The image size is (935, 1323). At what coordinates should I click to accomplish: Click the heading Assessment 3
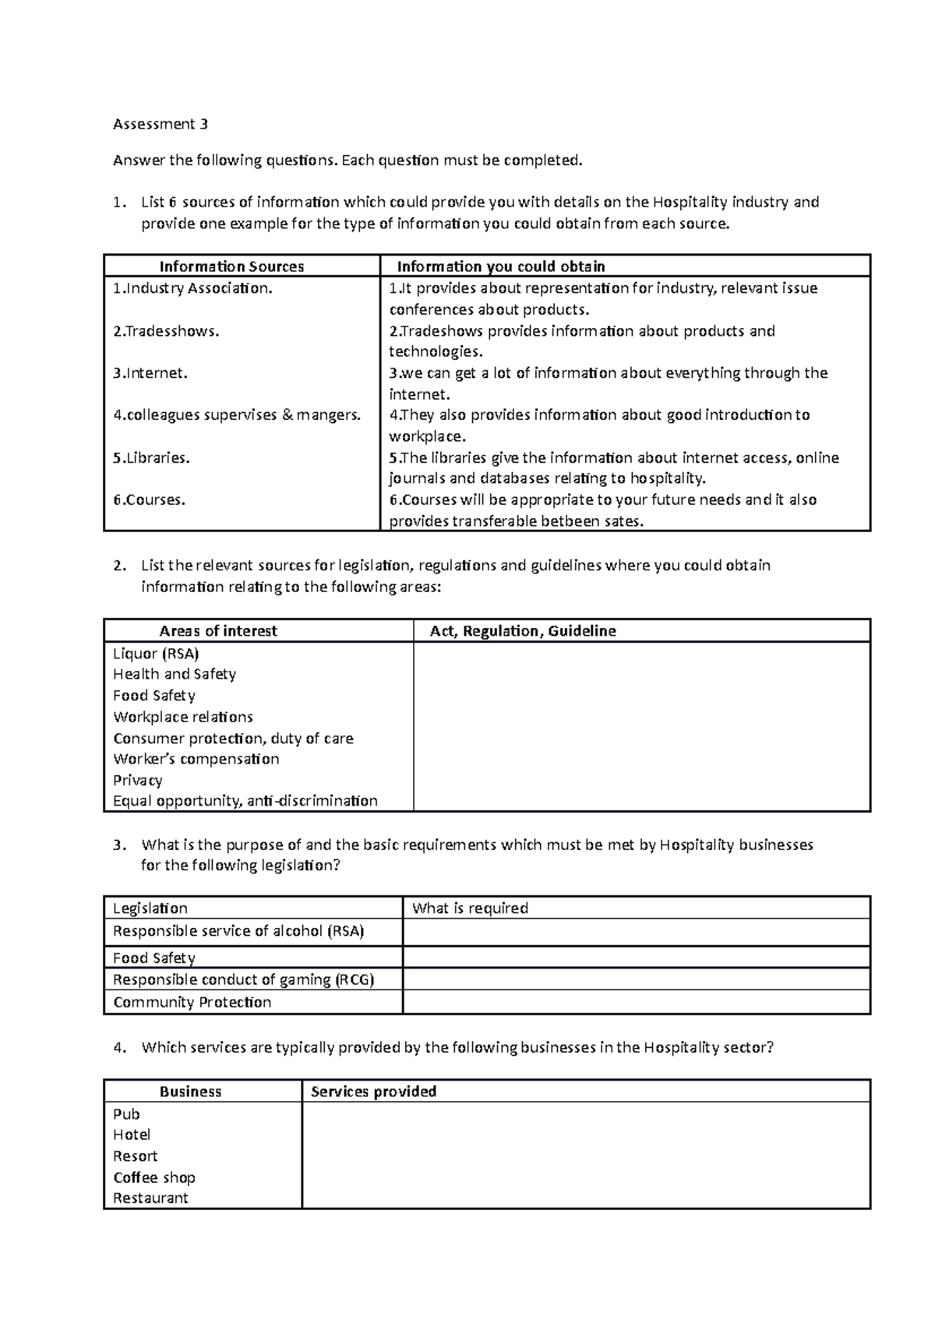(161, 124)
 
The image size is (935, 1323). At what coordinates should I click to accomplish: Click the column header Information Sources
(231, 266)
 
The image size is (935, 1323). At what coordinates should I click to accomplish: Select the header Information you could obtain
(501, 266)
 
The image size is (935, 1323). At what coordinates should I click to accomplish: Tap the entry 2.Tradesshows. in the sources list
(166, 331)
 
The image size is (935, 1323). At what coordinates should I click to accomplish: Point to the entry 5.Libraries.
(151, 458)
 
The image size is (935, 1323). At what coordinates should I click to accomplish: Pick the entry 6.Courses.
(149, 500)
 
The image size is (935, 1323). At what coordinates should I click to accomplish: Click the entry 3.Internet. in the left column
(150, 373)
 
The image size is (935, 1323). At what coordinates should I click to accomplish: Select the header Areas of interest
(218, 631)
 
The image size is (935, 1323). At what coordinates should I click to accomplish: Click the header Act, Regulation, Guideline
(523, 631)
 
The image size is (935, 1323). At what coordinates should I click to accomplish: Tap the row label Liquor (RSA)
(156, 654)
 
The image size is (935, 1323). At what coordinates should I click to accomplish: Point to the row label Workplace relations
(183, 717)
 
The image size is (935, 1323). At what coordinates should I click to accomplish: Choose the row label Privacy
(138, 780)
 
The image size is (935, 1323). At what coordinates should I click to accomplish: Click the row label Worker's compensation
(196, 759)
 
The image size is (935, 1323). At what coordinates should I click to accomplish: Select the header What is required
(470, 908)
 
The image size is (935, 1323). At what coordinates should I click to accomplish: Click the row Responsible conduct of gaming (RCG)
(243, 980)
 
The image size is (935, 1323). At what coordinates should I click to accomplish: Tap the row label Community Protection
(192, 1003)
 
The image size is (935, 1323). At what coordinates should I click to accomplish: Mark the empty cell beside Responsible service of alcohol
(635, 932)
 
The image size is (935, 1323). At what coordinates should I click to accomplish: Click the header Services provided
(373, 1092)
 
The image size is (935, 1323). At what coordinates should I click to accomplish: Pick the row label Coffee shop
(153, 1178)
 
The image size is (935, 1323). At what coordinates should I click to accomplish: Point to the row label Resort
(135, 1156)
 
